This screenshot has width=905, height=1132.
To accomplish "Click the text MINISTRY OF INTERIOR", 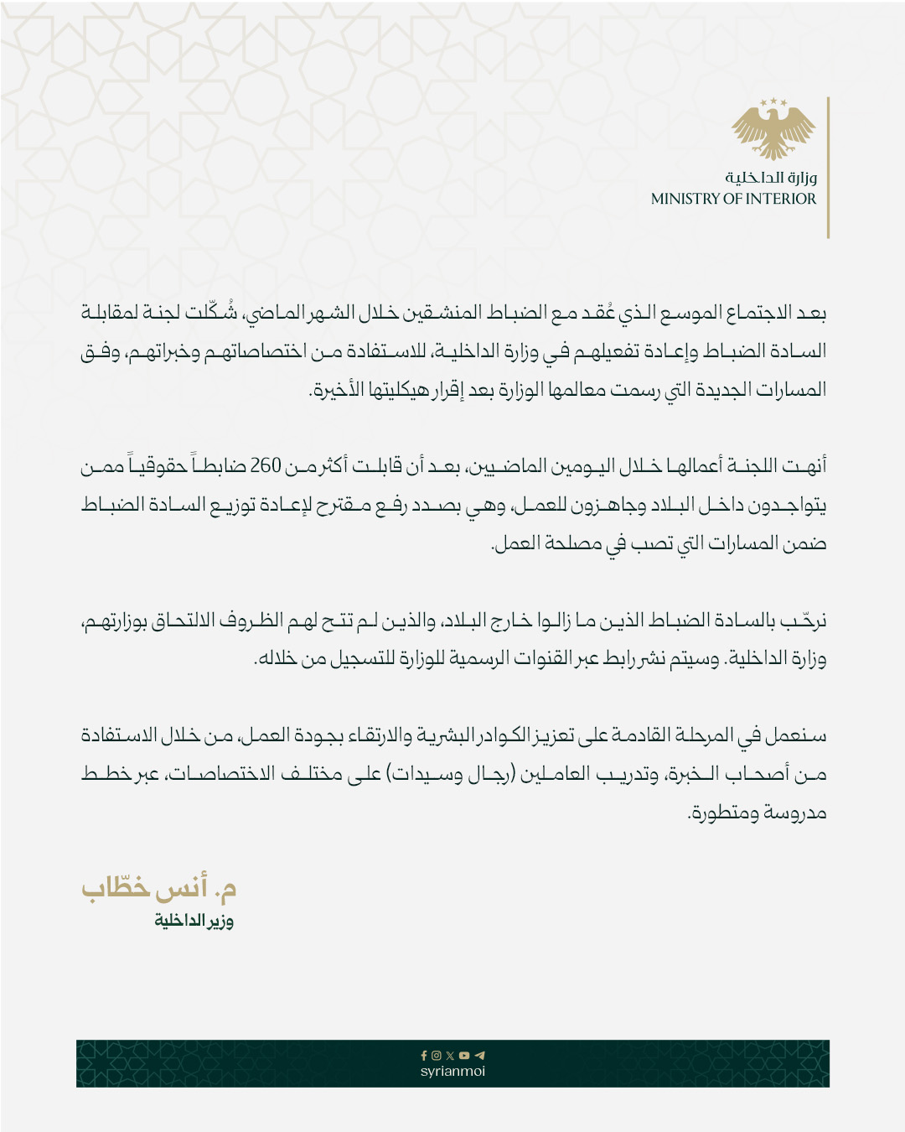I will point(733,199).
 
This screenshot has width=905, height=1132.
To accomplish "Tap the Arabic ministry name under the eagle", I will point(771,177).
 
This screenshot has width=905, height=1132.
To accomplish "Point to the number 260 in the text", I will point(266,465).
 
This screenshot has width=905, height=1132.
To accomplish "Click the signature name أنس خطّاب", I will point(159,888).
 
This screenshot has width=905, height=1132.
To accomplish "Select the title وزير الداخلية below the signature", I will point(194,921).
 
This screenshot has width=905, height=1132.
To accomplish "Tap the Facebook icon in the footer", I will point(424,1056).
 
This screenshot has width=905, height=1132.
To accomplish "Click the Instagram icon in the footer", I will point(437,1056).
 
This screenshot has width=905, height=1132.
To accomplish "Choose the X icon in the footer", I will point(450,1056).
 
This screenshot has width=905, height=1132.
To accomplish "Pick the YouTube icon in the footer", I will point(464,1056).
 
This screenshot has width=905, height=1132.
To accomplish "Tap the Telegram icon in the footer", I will point(479,1056).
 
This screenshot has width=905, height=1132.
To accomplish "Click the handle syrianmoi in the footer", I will point(452,1071).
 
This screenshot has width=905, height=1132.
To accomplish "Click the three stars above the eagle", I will point(773,103).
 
